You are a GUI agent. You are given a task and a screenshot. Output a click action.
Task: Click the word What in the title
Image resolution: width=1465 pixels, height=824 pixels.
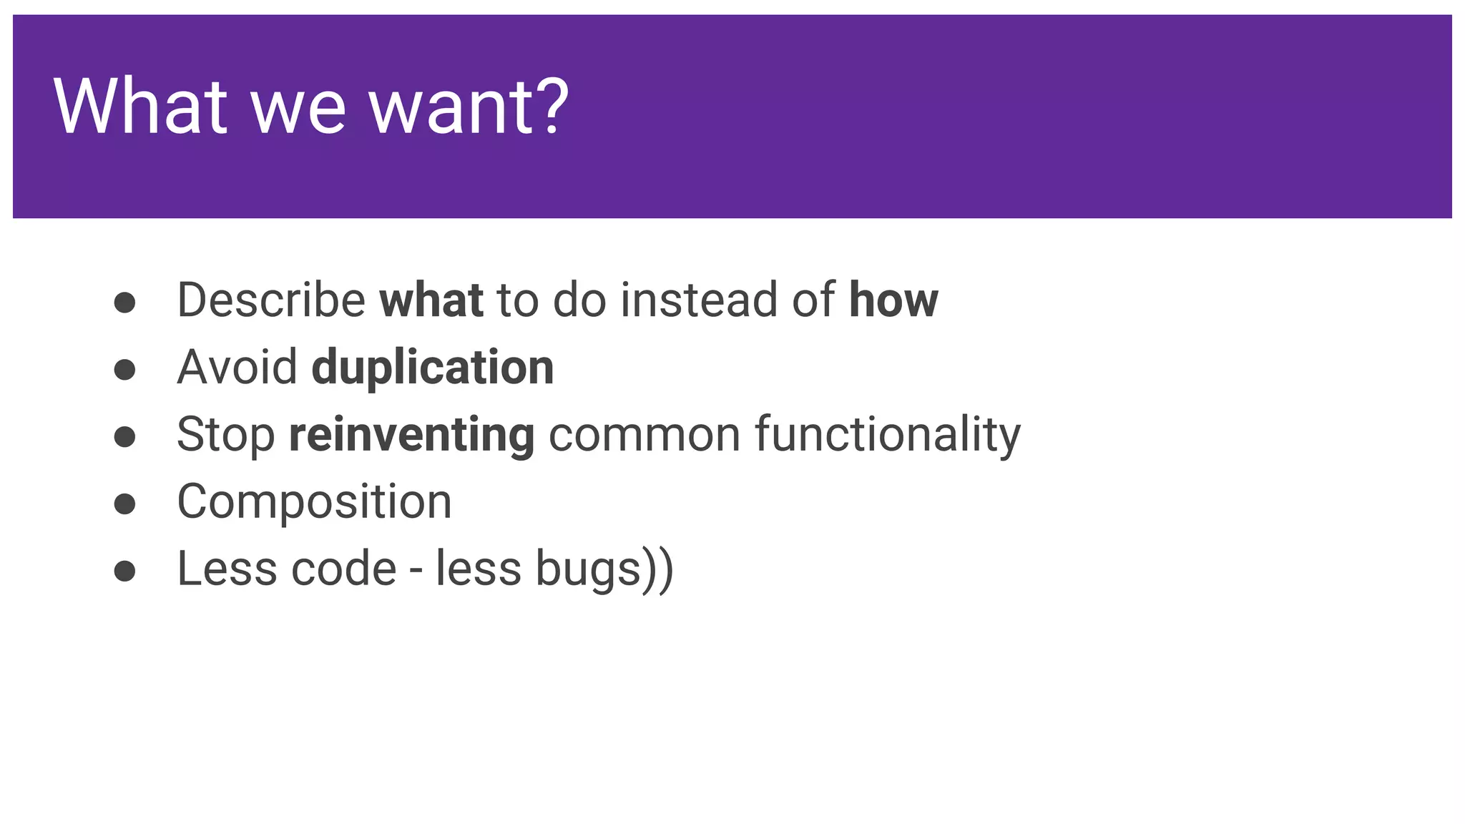pyautogui.click(x=140, y=107)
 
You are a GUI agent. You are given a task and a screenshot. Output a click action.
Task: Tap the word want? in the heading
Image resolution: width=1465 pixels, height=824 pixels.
pyautogui.click(x=469, y=107)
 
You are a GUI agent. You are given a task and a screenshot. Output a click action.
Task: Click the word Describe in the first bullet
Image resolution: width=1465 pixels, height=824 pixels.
pyautogui.click(x=271, y=300)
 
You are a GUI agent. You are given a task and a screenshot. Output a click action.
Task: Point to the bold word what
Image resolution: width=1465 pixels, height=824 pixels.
pyautogui.click(x=431, y=300)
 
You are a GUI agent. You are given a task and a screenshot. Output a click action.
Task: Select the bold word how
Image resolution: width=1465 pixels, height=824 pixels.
pyautogui.click(x=893, y=300)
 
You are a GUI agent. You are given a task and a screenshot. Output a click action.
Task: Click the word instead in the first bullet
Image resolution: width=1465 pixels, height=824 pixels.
pyautogui.click(x=698, y=300)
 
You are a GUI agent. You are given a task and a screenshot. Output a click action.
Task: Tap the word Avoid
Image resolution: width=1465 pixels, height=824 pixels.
pyautogui.click(x=237, y=367)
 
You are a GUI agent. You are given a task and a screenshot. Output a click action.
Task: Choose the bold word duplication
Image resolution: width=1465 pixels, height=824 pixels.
pyautogui.click(x=433, y=367)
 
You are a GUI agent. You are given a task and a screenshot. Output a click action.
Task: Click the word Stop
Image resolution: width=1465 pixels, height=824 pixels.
pyautogui.click(x=225, y=435)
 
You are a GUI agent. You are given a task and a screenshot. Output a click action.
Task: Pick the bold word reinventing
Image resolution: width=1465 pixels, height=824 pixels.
pyautogui.click(x=411, y=435)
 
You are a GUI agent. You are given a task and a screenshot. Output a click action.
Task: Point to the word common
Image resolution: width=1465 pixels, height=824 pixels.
pyautogui.click(x=644, y=435)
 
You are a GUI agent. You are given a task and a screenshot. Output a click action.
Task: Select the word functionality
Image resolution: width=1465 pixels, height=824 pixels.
pyautogui.click(x=888, y=435)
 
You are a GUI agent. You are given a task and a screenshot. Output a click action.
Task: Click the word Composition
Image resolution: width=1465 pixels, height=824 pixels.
pyautogui.click(x=314, y=501)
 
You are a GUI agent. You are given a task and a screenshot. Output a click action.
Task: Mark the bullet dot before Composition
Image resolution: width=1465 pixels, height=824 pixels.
pyautogui.click(x=124, y=504)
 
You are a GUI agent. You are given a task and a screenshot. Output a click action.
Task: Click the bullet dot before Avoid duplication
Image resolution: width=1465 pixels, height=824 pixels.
pyautogui.click(x=124, y=369)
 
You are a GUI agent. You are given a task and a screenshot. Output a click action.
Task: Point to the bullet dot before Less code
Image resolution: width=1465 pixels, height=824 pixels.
pyautogui.click(x=124, y=571)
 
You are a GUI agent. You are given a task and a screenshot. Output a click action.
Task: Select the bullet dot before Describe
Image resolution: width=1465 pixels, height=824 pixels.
pyautogui.click(x=124, y=302)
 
